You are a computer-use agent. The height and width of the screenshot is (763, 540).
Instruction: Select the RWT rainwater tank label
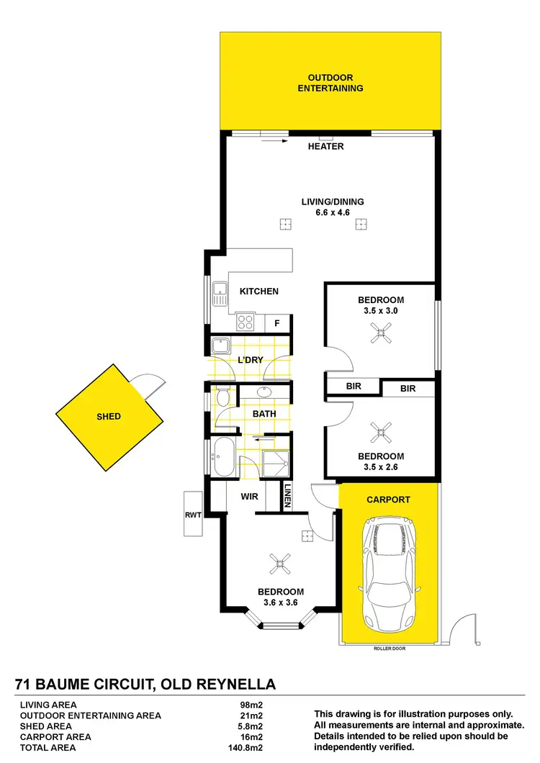[192, 515]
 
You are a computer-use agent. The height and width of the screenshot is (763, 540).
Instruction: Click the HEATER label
[326, 147]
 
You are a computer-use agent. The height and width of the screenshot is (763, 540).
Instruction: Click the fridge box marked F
[277, 323]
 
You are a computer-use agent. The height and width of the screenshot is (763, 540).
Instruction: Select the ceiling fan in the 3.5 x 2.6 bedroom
[380, 432]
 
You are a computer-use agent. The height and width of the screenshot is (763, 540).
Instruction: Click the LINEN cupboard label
[287, 496]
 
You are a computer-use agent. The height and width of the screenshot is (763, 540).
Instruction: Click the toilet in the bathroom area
[222, 397]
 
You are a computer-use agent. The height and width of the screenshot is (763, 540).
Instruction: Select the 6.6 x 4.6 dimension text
[332, 212]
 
